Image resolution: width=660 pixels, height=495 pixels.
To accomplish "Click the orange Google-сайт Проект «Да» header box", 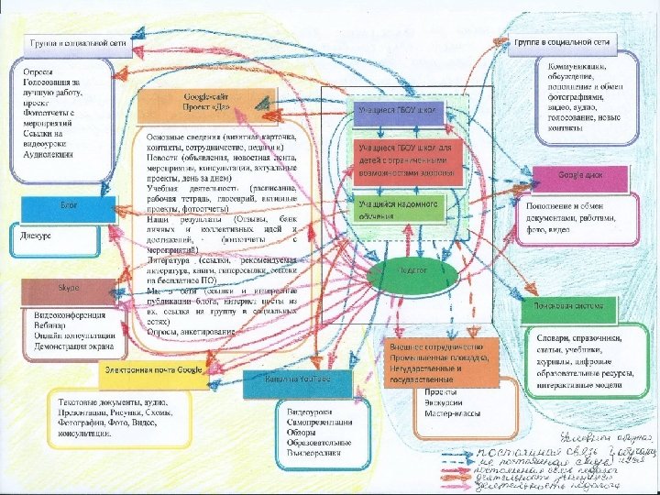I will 206,101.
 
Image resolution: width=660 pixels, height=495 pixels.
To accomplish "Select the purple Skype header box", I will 70,289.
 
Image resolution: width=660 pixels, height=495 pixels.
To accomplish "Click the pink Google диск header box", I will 581,175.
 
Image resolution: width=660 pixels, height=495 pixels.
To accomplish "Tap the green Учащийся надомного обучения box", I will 412,208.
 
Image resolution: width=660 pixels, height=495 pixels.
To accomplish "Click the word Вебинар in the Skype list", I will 41,325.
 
